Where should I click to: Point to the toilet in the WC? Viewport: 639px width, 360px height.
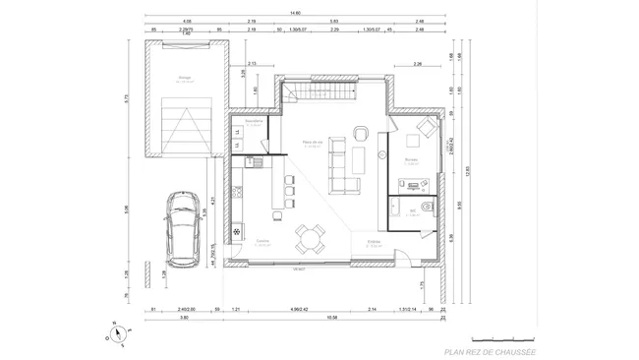coord(422,206)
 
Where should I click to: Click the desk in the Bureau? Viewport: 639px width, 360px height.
coord(413,182)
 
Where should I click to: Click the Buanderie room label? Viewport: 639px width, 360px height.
coord(253,122)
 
